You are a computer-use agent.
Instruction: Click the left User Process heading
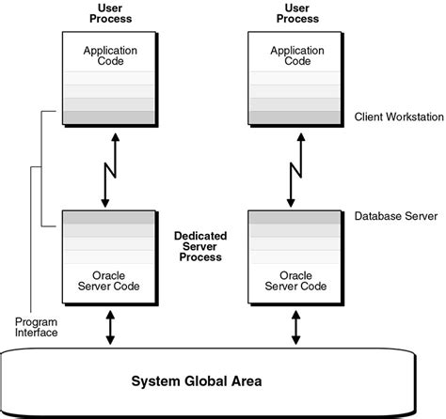pyautogui.click(x=108, y=12)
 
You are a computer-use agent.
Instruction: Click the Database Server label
pyautogui.click(x=395, y=215)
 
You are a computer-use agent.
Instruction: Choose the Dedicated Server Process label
pyautogui.click(x=199, y=245)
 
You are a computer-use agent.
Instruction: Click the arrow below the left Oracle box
pyautogui.click(x=110, y=328)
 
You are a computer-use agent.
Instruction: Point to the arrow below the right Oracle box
pyautogui.click(x=297, y=328)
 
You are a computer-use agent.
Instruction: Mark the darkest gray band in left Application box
pyautogui.click(x=109, y=116)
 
